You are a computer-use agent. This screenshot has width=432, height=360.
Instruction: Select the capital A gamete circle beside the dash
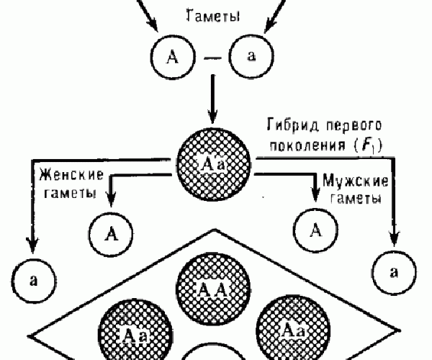click(x=172, y=57)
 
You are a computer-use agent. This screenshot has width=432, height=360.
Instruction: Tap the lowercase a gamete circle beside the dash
click(x=251, y=57)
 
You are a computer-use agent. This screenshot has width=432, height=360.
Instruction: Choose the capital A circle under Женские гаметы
click(x=111, y=234)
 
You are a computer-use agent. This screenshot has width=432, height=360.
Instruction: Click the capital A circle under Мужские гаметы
click(x=315, y=230)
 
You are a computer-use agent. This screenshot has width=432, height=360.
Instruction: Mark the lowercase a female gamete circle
click(x=33, y=277)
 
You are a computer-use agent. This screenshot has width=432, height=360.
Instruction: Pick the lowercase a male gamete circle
click(x=392, y=271)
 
